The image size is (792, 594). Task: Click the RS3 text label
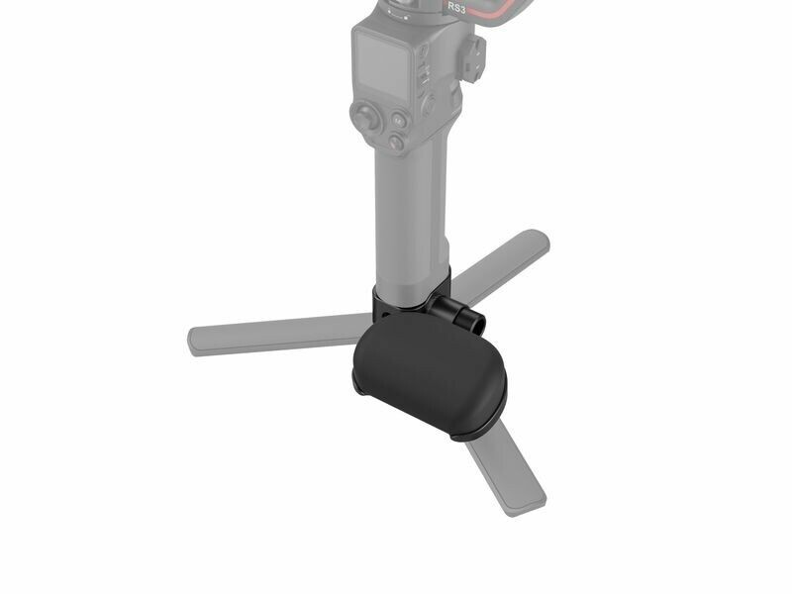tap(456, 7)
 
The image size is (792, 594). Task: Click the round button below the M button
tap(397, 142)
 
